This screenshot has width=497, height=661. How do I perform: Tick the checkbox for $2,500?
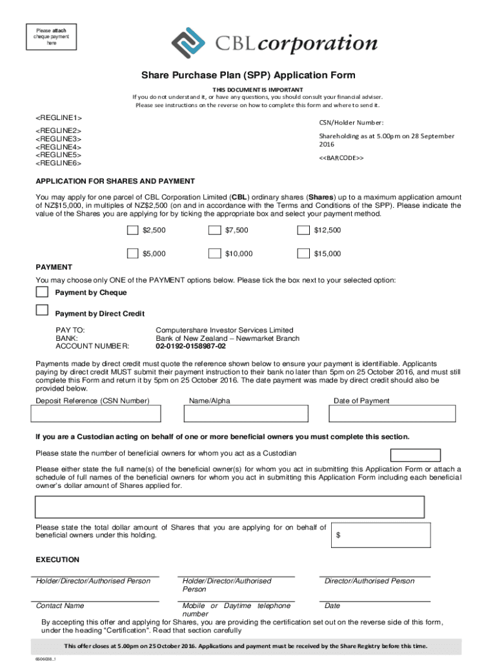click(x=132, y=230)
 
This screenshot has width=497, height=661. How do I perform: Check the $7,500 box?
click(x=214, y=230)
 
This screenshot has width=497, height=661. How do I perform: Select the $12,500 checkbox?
click(x=303, y=230)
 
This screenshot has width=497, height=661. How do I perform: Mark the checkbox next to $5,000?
click(x=132, y=254)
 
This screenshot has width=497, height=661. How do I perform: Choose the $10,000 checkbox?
click(x=214, y=254)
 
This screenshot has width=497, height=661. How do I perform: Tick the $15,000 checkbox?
click(x=303, y=254)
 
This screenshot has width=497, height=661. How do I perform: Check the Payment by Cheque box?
click(x=42, y=292)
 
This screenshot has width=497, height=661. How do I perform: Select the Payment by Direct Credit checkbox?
click(x=42, y=310)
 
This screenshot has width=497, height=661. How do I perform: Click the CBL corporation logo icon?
click(x=188, y=43)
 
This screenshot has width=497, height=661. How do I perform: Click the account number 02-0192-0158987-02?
click(x=191, y=346)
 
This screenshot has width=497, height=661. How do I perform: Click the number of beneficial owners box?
click(x=416, y=455)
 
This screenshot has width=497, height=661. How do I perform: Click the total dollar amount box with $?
click(x=381, y=535)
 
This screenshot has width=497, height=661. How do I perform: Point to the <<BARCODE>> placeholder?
click(x=341, y=158)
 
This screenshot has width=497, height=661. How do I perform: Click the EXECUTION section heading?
click(x=57, y=560)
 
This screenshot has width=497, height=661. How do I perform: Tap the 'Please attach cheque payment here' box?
click(x=51, y=36)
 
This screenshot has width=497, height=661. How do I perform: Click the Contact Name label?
click(x=60, y=606)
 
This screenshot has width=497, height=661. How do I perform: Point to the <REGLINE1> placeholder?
click(x=59, y=117)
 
